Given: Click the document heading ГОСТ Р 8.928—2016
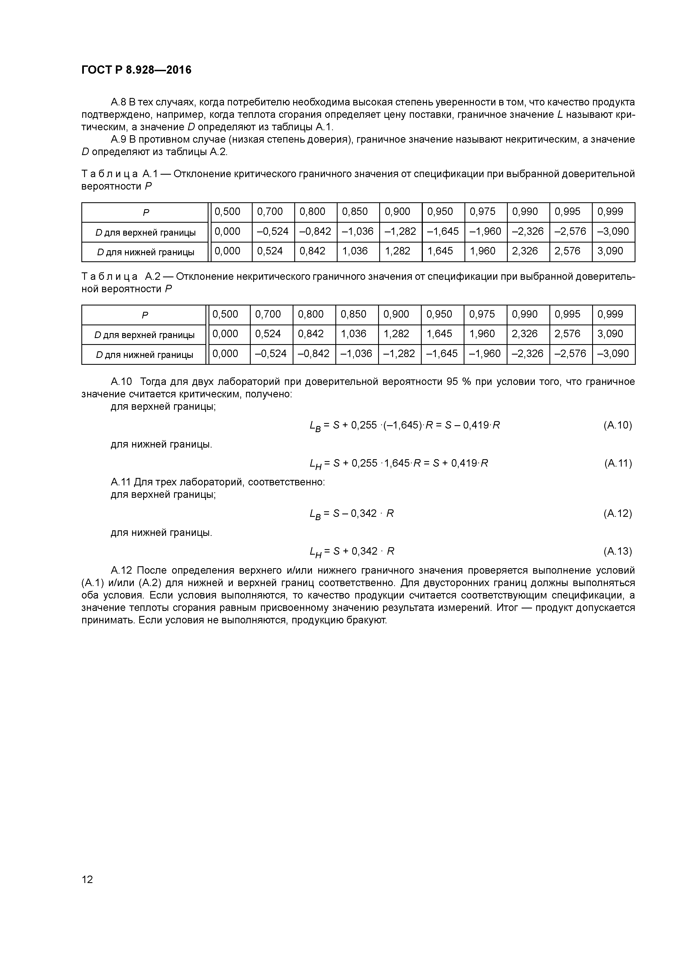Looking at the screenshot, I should point(136,70).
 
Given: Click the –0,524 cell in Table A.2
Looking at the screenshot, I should point(271,354).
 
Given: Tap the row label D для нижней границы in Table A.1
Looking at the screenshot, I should point(145,252).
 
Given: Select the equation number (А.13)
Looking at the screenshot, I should point(618,551).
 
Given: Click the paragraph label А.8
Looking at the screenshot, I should point(118,102).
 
